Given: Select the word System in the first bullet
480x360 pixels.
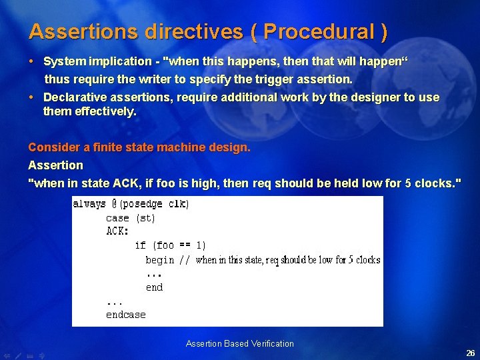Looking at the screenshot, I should pyautogui.click(x=64, y=61).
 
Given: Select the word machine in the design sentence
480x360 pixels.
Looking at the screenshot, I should pyautogui.click(x=175, y=147).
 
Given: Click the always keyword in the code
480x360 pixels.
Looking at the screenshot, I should pyautogui.click(x=89, y=204).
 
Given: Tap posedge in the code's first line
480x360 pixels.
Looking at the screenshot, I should pyautogui.click(x=142, y=204).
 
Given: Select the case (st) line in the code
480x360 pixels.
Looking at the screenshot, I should pyautogui.click(x=130, y=218).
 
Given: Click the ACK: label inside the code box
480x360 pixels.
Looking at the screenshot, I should pyautogui.click(x=117, y=231).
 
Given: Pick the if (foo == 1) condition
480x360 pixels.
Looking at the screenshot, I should pyautogui.click(x=170, y=245).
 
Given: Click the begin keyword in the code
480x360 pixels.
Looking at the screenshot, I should pyautogui.click(x=159, y=260).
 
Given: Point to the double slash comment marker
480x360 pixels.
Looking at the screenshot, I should pyautogui.click(x=184, y=260).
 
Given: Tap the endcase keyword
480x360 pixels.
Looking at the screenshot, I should pyautogui.click(x=125, y=315).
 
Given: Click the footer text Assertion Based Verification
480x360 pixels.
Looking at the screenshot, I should pyautogui.click(x=240, y=344).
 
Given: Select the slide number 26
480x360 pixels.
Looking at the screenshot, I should pyautogui.click(x=470, y=353).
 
